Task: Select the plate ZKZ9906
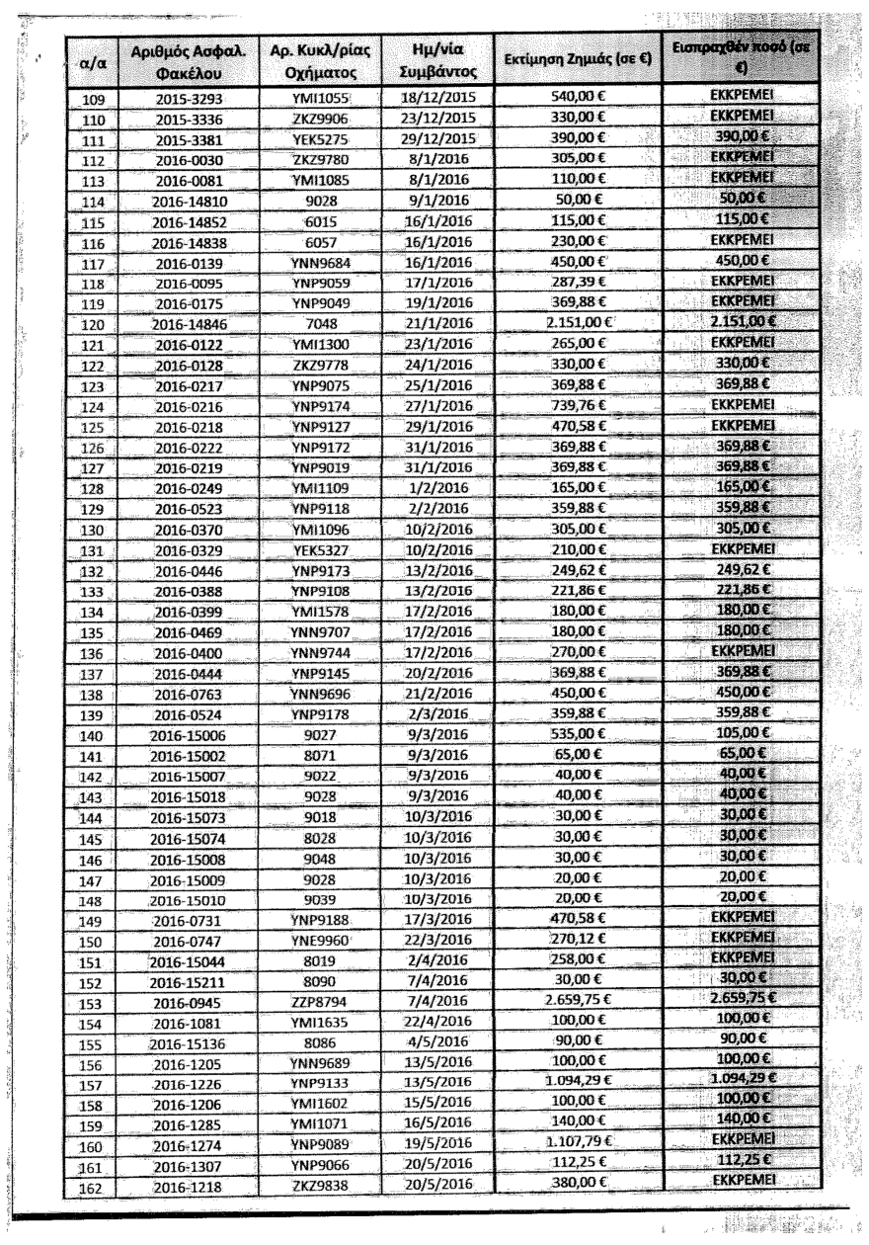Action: [316, 119]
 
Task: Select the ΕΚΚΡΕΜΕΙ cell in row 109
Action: [741, 99]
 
